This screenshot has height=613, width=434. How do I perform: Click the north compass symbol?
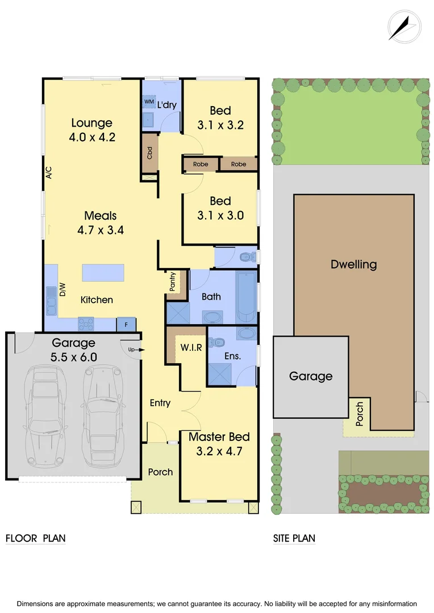[x=404, y=27]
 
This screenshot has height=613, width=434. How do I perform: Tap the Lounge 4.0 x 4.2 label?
[x=91, y=129]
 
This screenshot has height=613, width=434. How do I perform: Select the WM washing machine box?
[x=149, y=102]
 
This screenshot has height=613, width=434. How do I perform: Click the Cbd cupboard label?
[x=150, y=153]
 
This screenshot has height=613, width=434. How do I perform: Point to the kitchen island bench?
[x=103, y=272]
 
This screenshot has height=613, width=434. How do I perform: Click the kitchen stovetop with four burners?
[x=85, y=324]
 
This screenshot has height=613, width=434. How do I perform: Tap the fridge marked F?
[x=126, y=324]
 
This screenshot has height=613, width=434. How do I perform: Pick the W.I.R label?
[x=191, y=347]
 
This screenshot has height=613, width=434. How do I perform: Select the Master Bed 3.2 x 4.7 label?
[x=219, y=444]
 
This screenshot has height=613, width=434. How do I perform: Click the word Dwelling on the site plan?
[x=353, y=264]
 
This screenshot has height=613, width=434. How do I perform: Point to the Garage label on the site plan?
[x=311, y=376]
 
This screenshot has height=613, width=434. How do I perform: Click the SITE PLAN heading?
[x=294, y=538]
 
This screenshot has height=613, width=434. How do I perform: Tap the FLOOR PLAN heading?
[x=35, y=538]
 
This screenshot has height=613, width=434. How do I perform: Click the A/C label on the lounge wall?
[x=49, y=173]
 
